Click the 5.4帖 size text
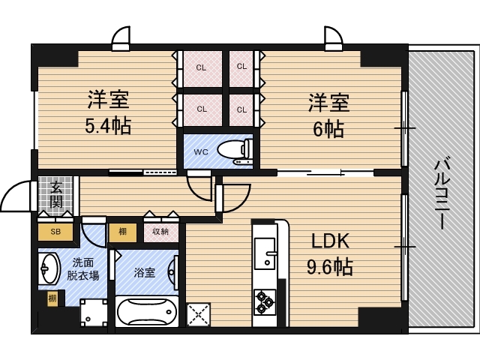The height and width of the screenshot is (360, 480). click(x=108, y=125)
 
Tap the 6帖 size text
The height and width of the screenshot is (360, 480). click(x=328, y=128)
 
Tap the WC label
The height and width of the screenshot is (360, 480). click(x=200, y=151)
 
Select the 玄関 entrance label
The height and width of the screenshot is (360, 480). click(x=57, y=196)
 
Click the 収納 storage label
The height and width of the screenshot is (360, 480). click(x=160, y=232)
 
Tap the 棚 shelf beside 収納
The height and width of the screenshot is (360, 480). click(x=123, y=232)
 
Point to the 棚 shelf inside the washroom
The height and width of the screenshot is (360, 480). click(x=52, y=299)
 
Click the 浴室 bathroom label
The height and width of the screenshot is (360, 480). click(x=144, y=272)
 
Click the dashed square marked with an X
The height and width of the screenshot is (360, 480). click(x=199, y=313)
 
